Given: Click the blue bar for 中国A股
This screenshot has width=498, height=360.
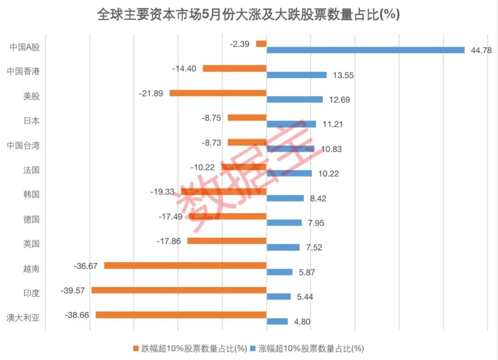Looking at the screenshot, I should pos(365,50).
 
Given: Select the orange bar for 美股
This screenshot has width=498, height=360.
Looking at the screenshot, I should pos(218,93).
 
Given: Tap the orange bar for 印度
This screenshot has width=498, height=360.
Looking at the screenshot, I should pos(179,290).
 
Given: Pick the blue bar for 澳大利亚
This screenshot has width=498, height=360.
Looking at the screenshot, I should pos(277,321).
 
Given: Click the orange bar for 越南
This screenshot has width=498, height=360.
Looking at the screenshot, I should pos(185,265).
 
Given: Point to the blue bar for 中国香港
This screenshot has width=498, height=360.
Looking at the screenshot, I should pos(296,75).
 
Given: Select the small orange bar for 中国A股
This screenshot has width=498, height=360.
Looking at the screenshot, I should pos(261,43).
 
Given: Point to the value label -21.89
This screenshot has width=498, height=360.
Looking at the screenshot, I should pos(151,93).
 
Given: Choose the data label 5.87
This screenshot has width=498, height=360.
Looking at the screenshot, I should pos(307,272).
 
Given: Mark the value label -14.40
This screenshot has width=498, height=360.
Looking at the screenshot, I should pos(184,68).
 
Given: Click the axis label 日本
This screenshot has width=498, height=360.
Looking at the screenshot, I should pos(31,121).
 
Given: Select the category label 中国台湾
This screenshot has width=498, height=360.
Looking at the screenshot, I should pos(23,145).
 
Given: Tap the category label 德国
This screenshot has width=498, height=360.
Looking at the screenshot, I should pos(31,219).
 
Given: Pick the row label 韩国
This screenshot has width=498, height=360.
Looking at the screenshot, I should pos(31,194).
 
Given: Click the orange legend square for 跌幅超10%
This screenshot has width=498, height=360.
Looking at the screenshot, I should pos(136,348).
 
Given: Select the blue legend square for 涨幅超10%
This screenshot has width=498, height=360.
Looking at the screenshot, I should pos(253,348).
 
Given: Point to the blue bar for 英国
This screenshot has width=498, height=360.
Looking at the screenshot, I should pos(283,247).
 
